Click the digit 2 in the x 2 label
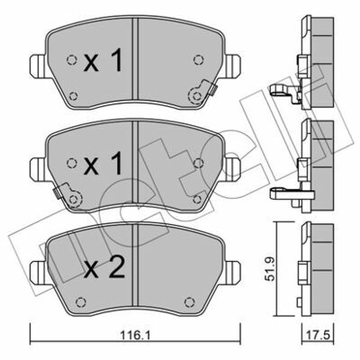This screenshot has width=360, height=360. tap(116, 268)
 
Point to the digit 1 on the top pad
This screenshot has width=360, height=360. tap(116, 60)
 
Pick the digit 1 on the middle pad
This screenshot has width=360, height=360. tap(116, 164)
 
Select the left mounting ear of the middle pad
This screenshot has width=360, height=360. tap(38, 169)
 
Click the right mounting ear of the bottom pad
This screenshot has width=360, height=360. tap(233, 272)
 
